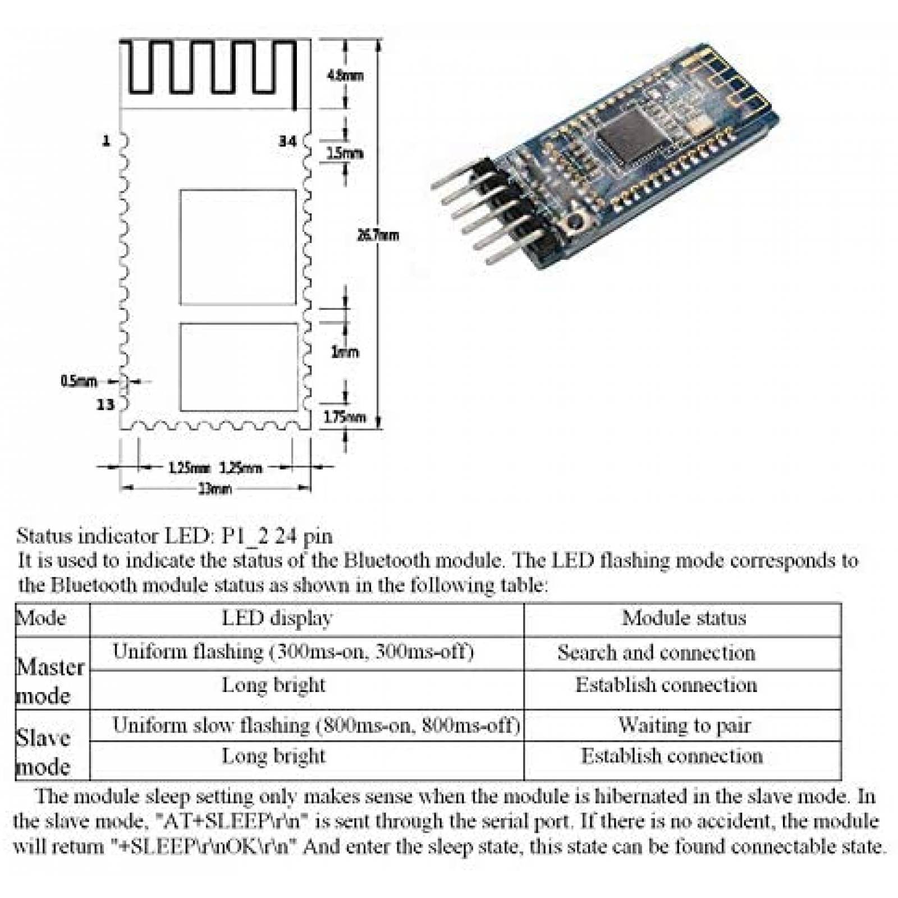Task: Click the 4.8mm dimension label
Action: click(x=345, y=75)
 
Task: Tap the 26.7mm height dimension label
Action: click(x=378, y=235)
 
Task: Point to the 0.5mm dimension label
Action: click(x=79, y=382)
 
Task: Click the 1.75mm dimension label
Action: click(x=345, y=417)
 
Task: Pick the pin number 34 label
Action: click(x=287, y=141)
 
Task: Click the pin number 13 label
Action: click(x=105, y=404)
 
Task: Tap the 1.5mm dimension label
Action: click(x=345, y=153)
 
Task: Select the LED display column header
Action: click(x=277, y=618)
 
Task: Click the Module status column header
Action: click(x=684, y=618)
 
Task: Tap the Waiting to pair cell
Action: click(x=684, y=725)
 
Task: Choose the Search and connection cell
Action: click(x=656, y=653)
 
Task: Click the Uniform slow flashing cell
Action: click(x=316, y=725)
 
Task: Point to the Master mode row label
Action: click(x=50, y=681)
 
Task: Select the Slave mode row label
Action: click(x=44, y=752)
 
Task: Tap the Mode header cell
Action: click(x=42, y=618)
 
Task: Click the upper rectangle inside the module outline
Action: click(x=238, y=247)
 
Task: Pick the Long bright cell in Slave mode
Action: click(x=273, y=756)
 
